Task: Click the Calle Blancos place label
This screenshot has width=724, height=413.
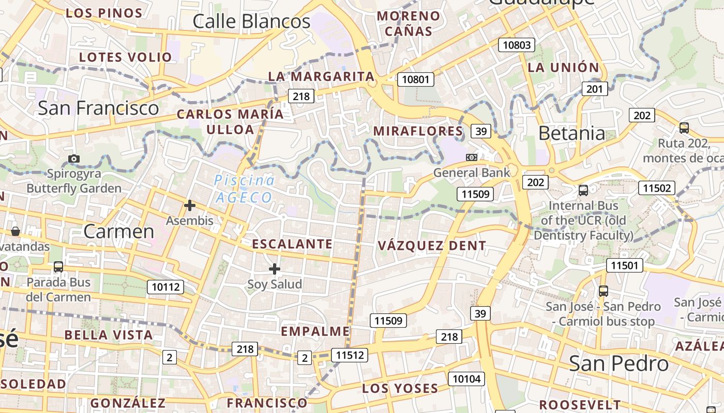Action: pos(251,22)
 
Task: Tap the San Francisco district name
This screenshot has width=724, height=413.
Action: pos(98,108)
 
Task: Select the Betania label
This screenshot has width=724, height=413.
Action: pos(571,133)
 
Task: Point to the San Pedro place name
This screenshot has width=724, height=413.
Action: pos(619,363)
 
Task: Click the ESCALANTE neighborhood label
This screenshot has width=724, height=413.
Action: pos(292,244)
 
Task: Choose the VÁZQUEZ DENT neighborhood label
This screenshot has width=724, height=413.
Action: pos(432,246)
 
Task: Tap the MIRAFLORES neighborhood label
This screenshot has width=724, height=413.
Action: pos(418,131)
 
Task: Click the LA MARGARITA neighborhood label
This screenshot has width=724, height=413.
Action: pos(321,76)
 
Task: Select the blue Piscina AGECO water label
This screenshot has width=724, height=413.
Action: pos(245,189)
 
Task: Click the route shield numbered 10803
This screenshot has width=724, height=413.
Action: pos(517,45)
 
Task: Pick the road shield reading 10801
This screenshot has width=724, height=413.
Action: pos(415,80)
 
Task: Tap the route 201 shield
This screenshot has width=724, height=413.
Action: pos(595,89)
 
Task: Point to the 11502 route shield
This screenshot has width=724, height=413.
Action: pos(656,188)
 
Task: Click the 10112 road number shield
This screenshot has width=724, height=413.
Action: pos(165,287)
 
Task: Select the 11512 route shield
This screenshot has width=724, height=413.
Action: pos(351,355)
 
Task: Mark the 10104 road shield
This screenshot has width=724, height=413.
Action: pos(466,379)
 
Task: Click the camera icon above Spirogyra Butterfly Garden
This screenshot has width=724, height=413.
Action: pos(74,158)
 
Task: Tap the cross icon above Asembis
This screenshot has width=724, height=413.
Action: pos(190,205)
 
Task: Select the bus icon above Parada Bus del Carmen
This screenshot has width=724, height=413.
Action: pos(58,267)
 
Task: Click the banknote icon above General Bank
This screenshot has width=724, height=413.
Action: pos(471,157)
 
